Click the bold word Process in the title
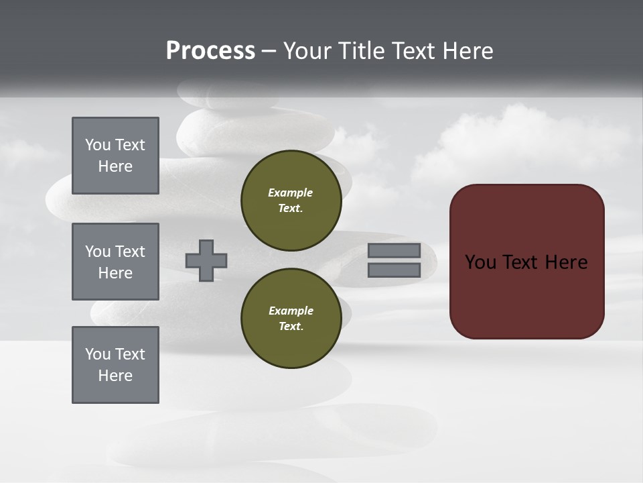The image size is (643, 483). pos(210,51)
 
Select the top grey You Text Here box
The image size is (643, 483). pos(115,156)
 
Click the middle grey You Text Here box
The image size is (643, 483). pos(115,262)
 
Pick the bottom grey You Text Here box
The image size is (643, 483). pos(115,365)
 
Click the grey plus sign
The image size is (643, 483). pos(206,260)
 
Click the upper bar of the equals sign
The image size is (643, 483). pos(394,250)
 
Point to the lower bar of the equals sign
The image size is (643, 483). pos(394,270)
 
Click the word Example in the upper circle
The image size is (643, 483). pos(290,193)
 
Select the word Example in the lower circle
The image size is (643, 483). pos(291,311)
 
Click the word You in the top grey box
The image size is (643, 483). pos(98,145)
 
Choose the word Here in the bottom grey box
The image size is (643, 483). pos(115,376)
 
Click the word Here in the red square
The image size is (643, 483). pos(566,262)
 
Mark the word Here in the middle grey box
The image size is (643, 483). pos(115,273)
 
